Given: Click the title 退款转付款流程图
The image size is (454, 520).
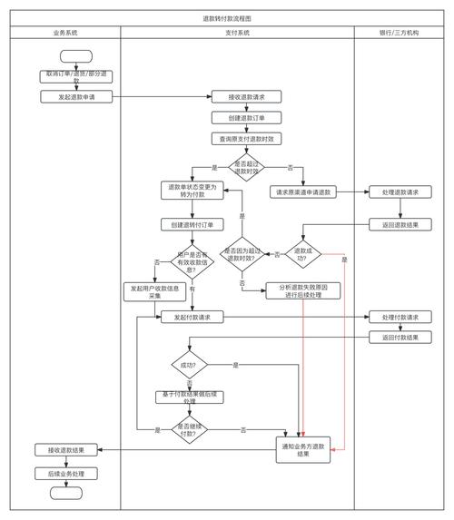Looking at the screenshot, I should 227,18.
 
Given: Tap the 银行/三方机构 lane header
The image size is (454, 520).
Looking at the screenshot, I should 400,33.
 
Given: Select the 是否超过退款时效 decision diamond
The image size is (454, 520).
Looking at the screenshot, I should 246,168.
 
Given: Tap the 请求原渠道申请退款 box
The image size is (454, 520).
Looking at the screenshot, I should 302,192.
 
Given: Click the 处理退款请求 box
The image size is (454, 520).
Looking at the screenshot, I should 400,192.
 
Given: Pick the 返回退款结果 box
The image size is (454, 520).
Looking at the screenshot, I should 400,224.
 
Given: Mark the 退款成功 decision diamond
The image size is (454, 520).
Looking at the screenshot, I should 302,252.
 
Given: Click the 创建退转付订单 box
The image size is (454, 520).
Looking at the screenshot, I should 192,224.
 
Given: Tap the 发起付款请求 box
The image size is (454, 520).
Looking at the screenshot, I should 192,318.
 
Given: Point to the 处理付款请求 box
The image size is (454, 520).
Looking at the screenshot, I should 400,317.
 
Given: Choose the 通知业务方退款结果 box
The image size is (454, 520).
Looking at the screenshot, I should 302,449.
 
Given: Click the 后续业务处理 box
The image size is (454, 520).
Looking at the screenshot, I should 65,473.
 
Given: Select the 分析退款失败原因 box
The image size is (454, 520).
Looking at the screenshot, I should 302,290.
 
